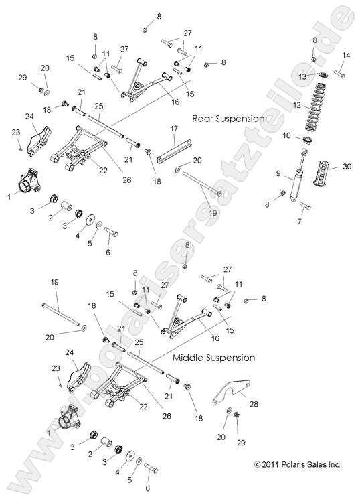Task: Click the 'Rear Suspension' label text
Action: click(x=228, y=118)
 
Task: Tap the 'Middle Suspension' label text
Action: click(x=213, y=358)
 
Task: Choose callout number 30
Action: click(x=347, y=166)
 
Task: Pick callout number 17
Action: click(x=173, y=129)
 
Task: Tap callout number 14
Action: click(x=346, y=55)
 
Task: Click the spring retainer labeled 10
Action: click(x=308, y=139)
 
